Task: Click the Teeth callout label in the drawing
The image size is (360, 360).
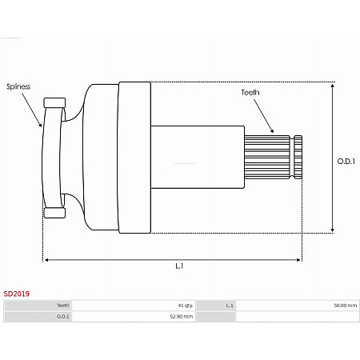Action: [250, 93]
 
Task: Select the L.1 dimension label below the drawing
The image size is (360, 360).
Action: [179, 266]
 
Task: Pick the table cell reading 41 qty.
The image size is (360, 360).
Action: [186, 306]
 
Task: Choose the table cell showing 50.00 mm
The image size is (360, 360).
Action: [346, 306]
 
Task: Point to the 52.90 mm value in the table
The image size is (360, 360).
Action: [182, 317]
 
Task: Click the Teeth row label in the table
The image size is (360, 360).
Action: [63, 306]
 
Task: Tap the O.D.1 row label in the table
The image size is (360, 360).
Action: [63, 317]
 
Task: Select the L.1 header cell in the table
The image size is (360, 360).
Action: [230, 306]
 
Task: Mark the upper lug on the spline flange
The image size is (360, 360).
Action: [55, 102]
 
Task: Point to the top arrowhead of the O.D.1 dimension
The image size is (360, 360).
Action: [332, 85]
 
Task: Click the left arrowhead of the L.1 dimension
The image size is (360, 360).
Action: [47, 259]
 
